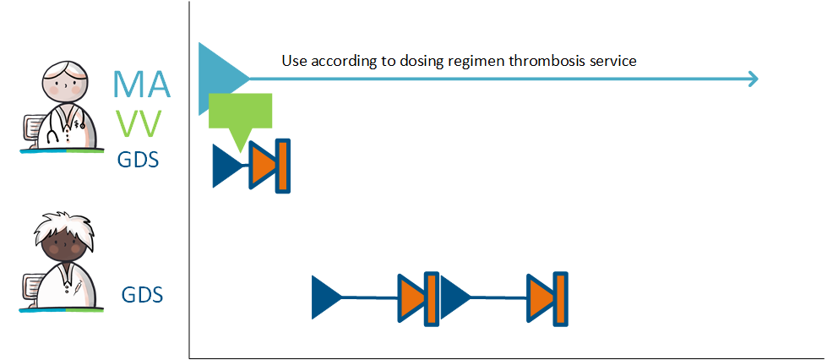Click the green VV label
pyautogui.click(x=139, y=125)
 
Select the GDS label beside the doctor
pyautogui.click(x=139, y=159)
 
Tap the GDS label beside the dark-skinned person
pyautogui.click(x=143, y=295)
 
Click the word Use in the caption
pyautogui.click(x=295, y=61)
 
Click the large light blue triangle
pyautogui.click(x=216, y=79)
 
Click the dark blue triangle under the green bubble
pyautogui.click(x=226, y=166)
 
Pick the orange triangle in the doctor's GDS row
pyautogui.click(x=264, y=166)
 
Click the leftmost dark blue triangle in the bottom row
pyautogui.click(x=325, y=297)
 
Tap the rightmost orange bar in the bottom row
pyautogui.click(x=560, y=299)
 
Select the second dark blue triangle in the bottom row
pyautogui.click(x=454, y=297)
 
